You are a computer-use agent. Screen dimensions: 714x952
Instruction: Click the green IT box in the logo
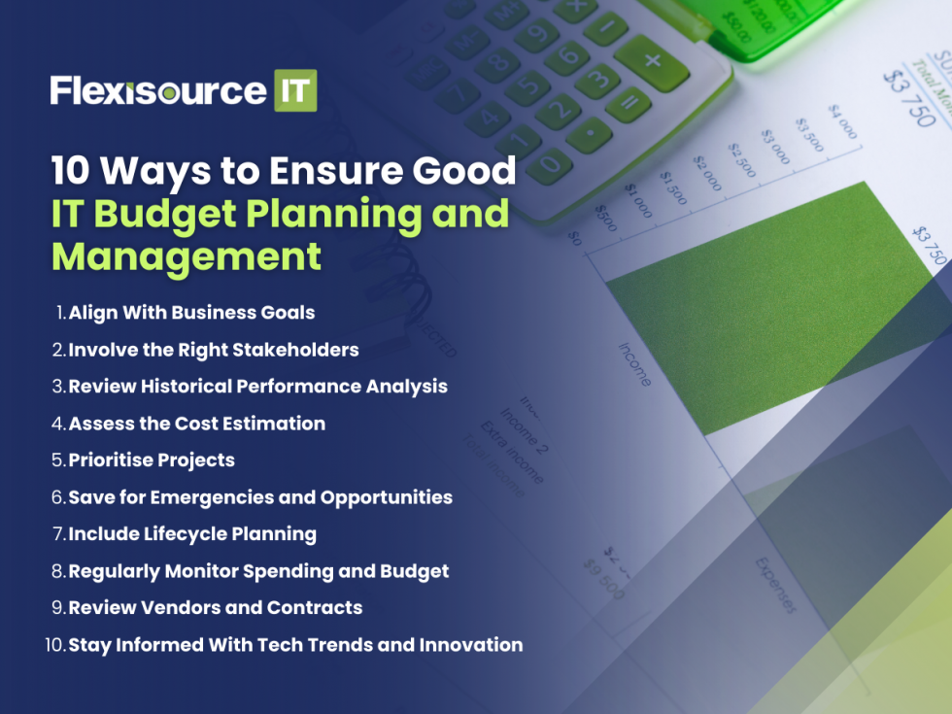pos(295,90)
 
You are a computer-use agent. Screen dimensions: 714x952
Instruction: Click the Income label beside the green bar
pos(634,364)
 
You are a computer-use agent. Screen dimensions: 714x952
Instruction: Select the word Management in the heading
pos(186,255)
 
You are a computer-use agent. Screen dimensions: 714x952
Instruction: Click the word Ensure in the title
pos(330,171)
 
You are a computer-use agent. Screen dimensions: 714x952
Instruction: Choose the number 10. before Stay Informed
pos(55,645)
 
